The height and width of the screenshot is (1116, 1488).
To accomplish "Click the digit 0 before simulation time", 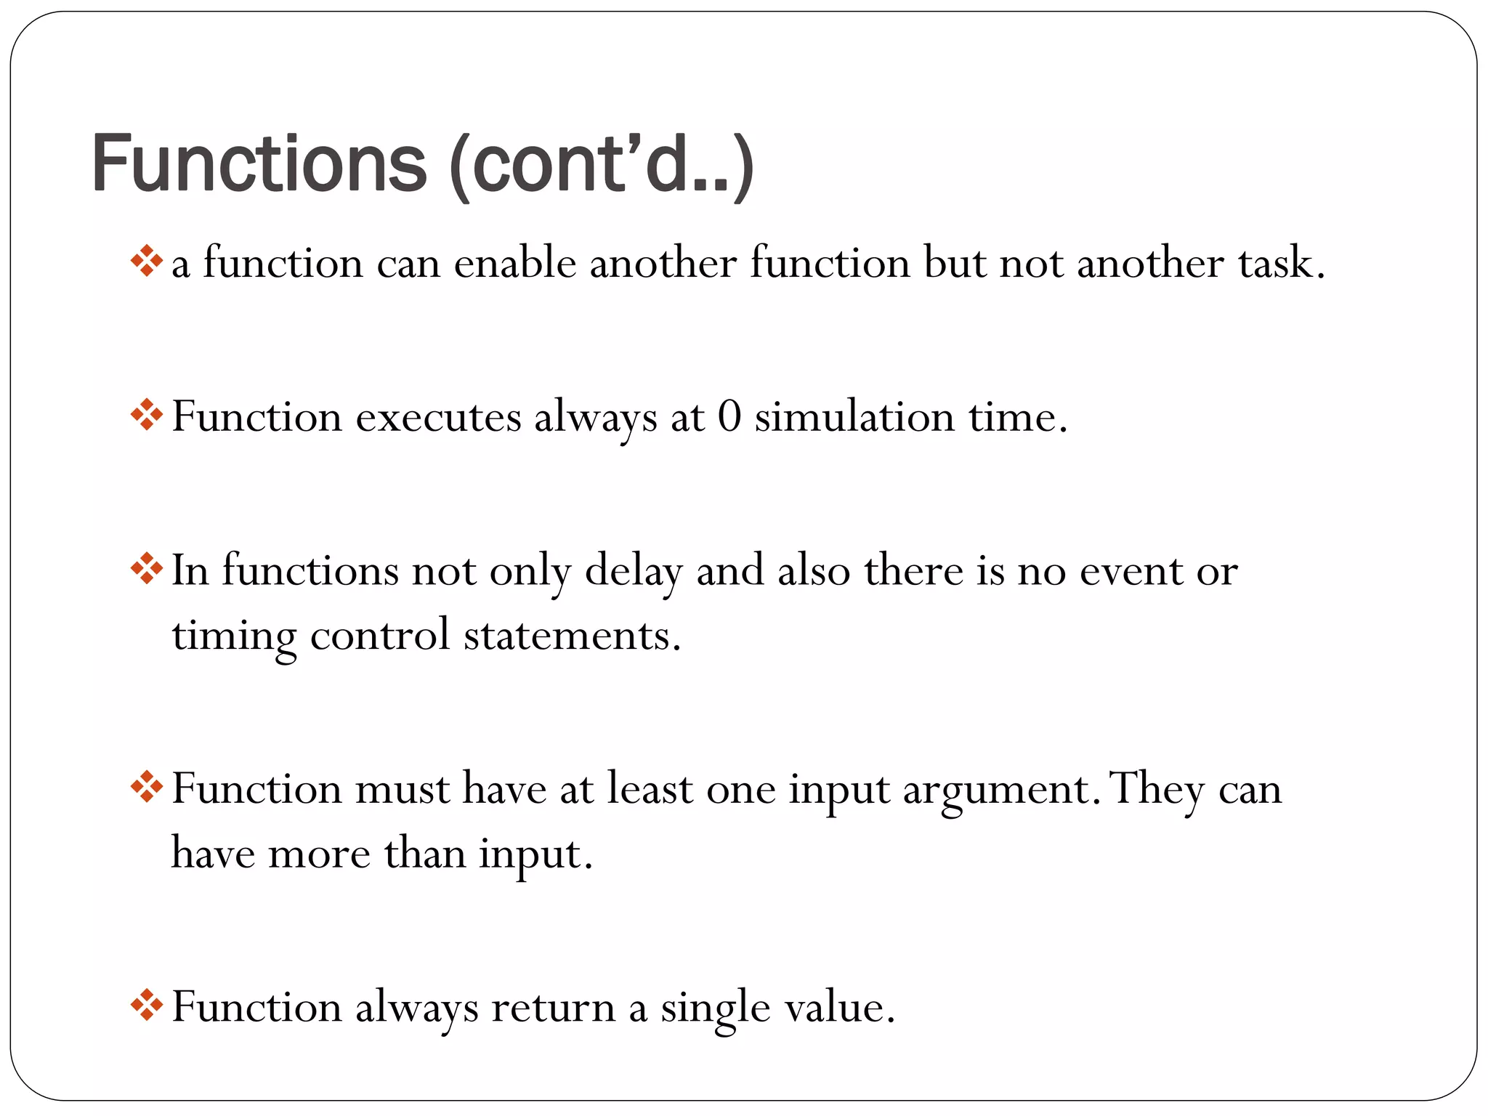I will click(x=729, y=418).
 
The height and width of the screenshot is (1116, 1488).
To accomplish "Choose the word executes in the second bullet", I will click(x=438, y=418).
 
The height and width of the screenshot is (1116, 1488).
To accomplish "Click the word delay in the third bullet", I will click(x=634, y=572).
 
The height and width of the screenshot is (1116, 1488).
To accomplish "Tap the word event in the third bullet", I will click(x=1131, y=572).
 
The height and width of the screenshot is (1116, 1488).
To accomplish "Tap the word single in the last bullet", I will click(x=715, y=1008).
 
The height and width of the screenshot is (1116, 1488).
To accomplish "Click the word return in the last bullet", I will click(x=553, y=1008).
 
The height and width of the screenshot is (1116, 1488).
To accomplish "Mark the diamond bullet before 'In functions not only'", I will click(x=146, y=570).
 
